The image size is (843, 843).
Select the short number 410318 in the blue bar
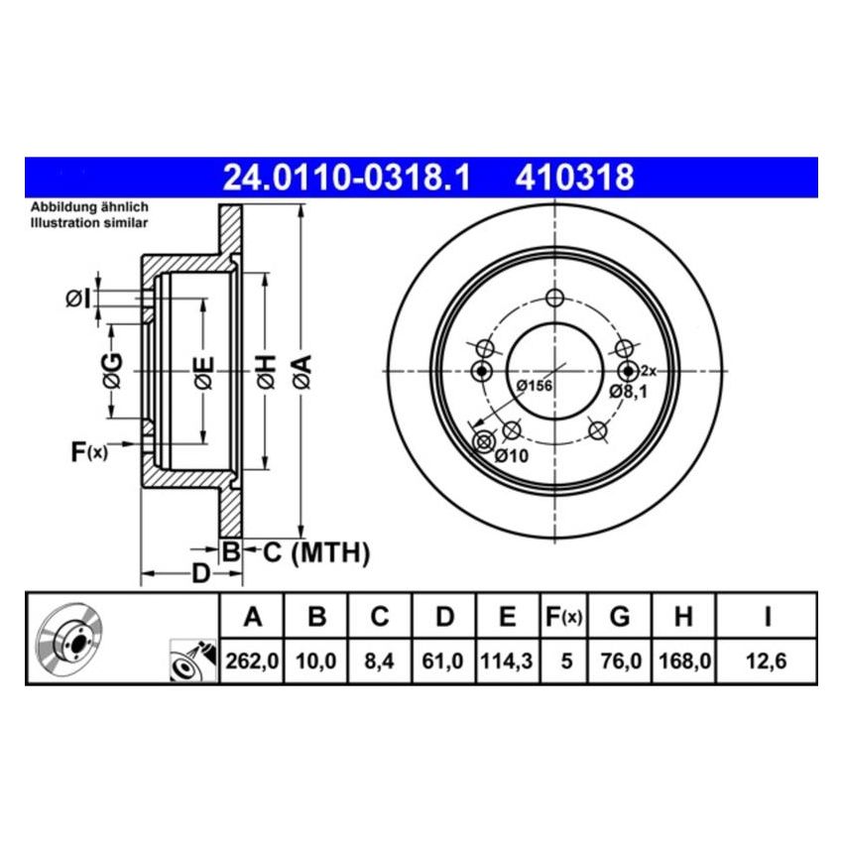tap(573, 179)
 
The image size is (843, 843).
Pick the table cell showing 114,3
tap(507, 660)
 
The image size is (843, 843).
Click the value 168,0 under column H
tap(682, 660)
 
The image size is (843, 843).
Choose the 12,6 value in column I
tap(767, 660)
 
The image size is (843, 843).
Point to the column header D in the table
tap(444, 618)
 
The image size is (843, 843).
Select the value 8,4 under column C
tap(380, 660)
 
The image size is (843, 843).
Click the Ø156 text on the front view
tap(535, 387)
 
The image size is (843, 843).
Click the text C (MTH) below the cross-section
tap(315, 551)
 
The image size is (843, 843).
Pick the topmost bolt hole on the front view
tap(554, 299)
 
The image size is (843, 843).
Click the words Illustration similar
tap(89, 223)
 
